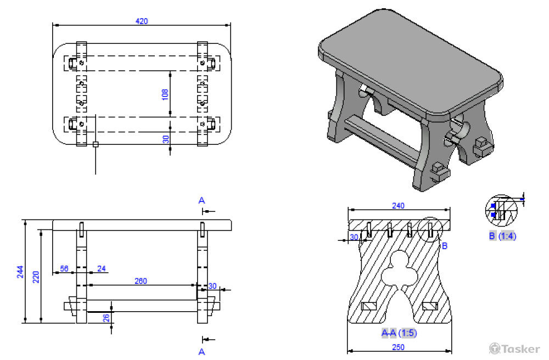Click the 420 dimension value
pos(141,21)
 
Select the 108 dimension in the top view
pos(165,94)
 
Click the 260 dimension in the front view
pos(141,282)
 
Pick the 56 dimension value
pos(64,269)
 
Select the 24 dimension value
pos(102,269)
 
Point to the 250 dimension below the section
pos(399,347)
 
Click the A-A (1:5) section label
pos(399,333)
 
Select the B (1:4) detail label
pos(502,237)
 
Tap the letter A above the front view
pos(201,201)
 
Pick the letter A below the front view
pos(201,351)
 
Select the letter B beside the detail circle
pos(445,246)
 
